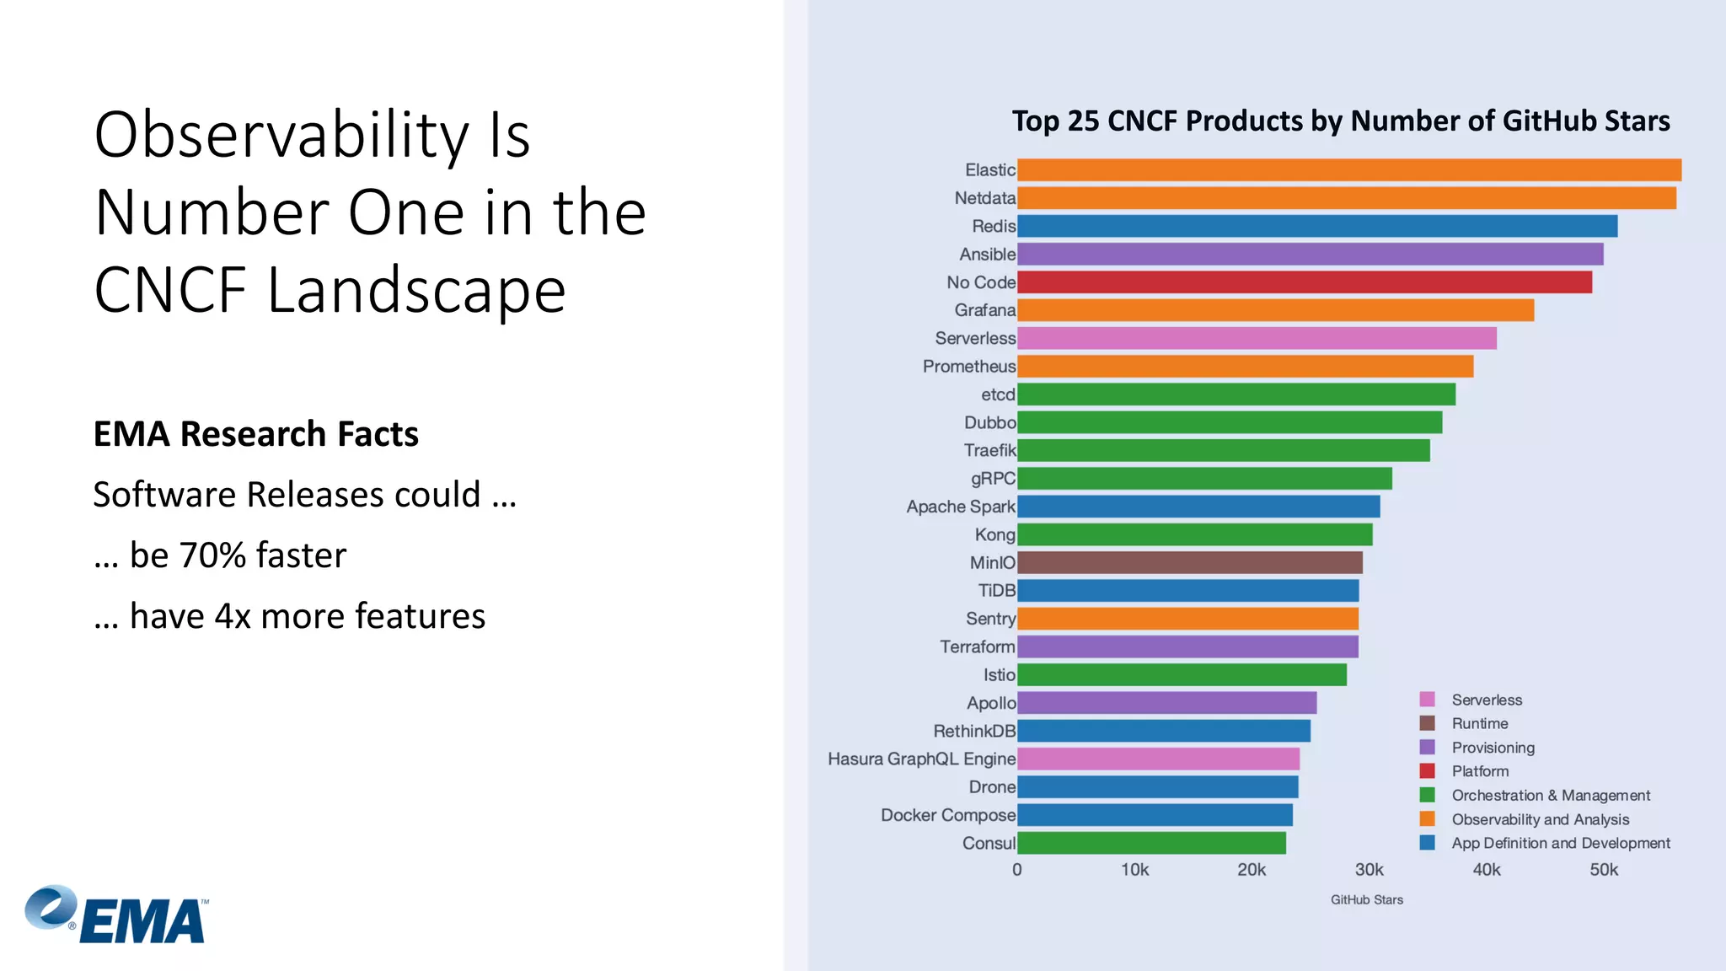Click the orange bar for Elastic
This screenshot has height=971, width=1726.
(x=1348, y=170)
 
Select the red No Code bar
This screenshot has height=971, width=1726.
(x=1304, y=282)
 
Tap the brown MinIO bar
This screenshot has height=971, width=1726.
(x=1189, y=563)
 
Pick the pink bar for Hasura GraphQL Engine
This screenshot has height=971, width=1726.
(x=1158, y=759)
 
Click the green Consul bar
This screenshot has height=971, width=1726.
(x=1151, y=843)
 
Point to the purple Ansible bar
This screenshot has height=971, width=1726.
(x=1310, y=255)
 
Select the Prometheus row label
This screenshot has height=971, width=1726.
(x=968, y=367)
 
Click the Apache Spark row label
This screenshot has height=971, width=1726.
(x=960, y=507)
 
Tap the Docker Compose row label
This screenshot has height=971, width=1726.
(x=947, y=815)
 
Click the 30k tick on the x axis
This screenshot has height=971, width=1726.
(x=1369, y=870)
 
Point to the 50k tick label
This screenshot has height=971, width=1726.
(x=1603, y=870)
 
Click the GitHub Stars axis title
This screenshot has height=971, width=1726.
(x=1366, y=900)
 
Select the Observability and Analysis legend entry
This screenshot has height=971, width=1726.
(x=1540, y=819)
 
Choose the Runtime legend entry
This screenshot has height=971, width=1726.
(x=1479, y=724)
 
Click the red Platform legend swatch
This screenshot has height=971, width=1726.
(x=1427, y=771)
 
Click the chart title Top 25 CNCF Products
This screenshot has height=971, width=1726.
(x=1340, y=121)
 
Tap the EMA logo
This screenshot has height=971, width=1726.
(x=116, y=915)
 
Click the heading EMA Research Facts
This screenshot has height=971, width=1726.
(x=255, y=434)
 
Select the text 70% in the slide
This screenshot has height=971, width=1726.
(x=212, y=555)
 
